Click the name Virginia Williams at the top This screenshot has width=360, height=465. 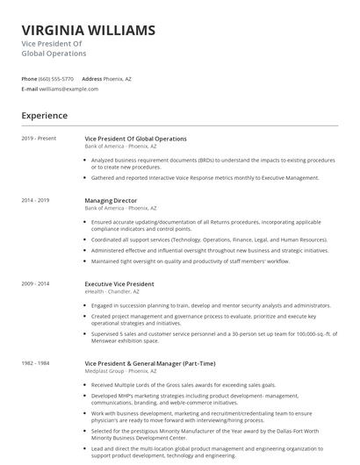(x=88, y=30)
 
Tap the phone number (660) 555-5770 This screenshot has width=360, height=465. (x=56, y=79)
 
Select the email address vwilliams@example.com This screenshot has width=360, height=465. (x=68, y=89)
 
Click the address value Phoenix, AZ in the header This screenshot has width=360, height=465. (x=118, y=79)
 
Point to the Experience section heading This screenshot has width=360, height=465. (x=44, y=116)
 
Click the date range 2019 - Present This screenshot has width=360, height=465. (x=39, y=139)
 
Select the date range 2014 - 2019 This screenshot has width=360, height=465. (x=36, y=200)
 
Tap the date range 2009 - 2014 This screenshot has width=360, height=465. (x=36, y=284)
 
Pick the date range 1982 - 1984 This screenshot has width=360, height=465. (x=36, y=363)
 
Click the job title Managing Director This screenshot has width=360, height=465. (x=112, y=200)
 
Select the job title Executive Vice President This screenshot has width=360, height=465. (x=119, y=284)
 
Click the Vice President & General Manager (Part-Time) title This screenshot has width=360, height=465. (x=149, y=363)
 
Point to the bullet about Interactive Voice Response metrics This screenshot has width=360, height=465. (x=205, y=177)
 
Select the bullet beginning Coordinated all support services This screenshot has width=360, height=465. (x=209, y=240)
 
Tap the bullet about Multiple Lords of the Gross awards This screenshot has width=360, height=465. (x=183, y=384)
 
